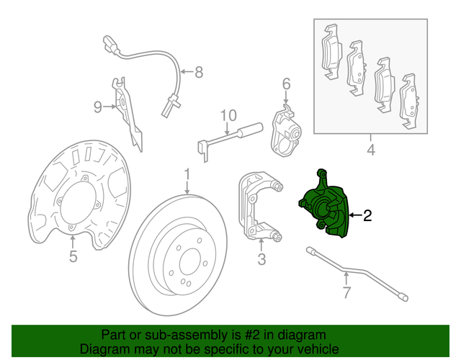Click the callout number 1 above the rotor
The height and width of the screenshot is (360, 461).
point(186,175)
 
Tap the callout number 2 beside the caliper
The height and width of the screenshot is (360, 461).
point(367,215)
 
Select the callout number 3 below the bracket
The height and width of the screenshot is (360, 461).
point(261,258)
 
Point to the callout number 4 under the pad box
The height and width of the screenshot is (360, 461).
point(371,150)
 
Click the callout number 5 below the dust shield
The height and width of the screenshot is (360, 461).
point(73,257)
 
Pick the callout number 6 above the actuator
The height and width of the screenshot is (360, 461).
point(286,85)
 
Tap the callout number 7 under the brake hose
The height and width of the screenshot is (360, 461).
point(346,292)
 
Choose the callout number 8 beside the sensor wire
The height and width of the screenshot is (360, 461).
point(199,72)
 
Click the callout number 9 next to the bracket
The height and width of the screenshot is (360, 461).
point(98,107)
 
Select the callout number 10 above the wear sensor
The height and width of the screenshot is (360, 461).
point(228,115)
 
